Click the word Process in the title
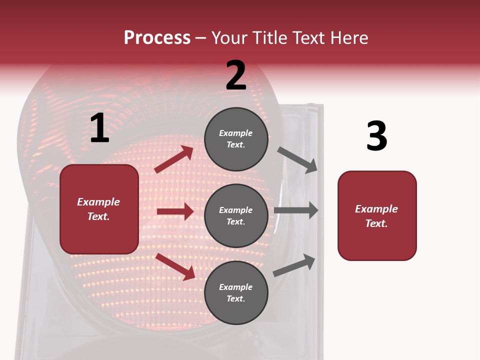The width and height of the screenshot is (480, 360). pos(157,38)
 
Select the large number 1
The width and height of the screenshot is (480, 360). pos(99,128)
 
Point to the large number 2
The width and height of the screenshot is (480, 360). pos(236,76)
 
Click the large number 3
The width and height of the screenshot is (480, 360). pos(376,136)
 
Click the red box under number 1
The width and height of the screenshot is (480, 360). pos(99,209)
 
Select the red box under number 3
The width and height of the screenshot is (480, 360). pos(377,216)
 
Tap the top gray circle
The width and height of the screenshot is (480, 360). pos(236,138)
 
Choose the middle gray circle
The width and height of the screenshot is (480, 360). pos(236,215)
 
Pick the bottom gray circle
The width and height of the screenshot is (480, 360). pos(236,292)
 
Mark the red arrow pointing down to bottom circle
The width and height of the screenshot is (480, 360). pos(175,266)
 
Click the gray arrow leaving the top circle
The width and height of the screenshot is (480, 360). pos(297,159)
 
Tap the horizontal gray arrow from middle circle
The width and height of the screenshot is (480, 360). pos(296,210)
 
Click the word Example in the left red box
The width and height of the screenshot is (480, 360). pos(98,202)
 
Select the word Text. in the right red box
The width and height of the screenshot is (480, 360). pos(376,223)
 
